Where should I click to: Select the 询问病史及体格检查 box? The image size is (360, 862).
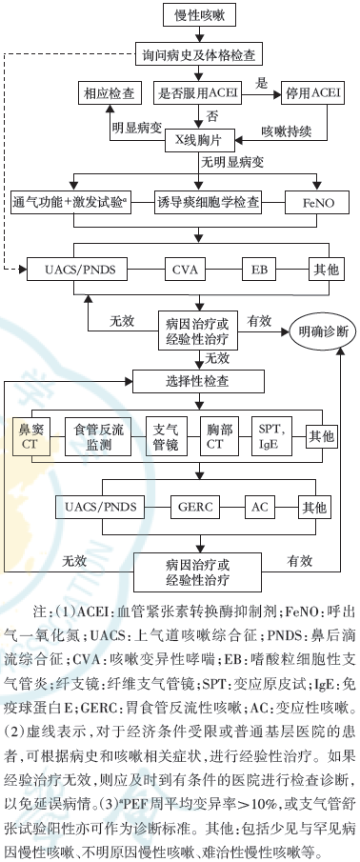[x=197, y=54]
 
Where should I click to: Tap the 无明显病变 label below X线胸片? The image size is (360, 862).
[x=232, y=165]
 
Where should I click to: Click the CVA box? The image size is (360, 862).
[x=184, y=270]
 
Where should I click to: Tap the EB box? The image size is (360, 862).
[x=258, y=270]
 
